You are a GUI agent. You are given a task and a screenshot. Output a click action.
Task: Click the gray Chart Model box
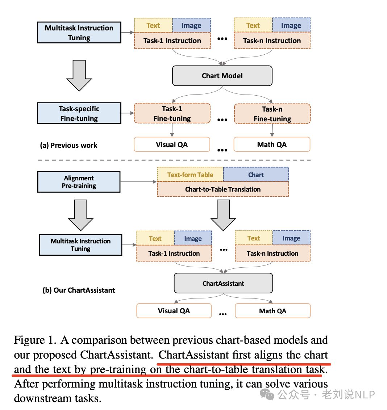pyautogui.click(x=222, y=76)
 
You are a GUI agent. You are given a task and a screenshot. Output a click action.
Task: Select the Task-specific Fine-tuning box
pyautogui.click(x=79, y=113)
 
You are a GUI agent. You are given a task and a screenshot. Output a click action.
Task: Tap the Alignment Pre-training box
pyautogui.click(x=79, y=182)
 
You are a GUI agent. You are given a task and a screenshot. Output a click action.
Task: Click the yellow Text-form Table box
pyautogui.click(x=190, y=175)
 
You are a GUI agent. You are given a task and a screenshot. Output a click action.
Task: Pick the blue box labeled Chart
pyautogui.click(x=256, y=175)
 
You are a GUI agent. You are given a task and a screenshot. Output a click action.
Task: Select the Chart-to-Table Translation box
pyautogui.click(x=223, y=189)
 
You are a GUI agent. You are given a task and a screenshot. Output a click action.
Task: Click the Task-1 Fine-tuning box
pyautogui.click(x=172, y=113)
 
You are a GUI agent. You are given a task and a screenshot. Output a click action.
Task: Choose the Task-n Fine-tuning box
pyautogui.click(x=272, y=114)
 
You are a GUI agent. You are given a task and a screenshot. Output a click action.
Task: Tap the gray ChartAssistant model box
pyautogui.click(x=223, y=283)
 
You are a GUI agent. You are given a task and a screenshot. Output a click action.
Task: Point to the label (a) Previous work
pyautogui.click(x=68, y=145)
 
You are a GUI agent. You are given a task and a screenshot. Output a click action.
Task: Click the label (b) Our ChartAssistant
pyautogui.click(x=79, y=290)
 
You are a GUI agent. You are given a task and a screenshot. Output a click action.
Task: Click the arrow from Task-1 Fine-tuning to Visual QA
pyautogui.click(x=172, y=130)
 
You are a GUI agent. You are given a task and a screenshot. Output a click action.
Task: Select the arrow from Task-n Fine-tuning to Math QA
pyautogui.click(x=272, y=130)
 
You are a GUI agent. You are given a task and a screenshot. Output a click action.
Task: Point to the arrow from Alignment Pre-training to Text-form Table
pyautogui.click(x=138, y=182)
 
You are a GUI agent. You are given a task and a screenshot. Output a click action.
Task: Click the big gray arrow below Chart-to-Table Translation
pyautogui.click(x=223, y=215)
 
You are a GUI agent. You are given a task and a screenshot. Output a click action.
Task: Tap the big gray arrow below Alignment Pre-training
pyautogui.click(x=80, y=215)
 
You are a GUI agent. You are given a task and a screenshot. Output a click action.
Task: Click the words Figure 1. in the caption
pyautogui.click(x=35, y=340)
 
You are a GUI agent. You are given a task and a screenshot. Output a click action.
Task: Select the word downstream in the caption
pyautogui.click(x=43, y=398)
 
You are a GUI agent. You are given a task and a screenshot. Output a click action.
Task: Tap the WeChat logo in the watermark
pyautogui.click(x=267, y=394)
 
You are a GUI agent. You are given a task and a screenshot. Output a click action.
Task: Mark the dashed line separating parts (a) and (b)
pyautogui.click(x=174, y=160)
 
